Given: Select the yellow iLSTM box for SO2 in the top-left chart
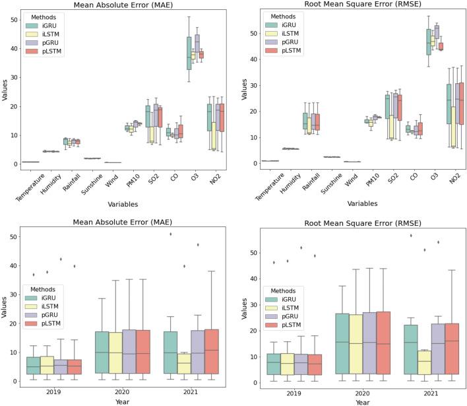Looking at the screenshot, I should point(152,126).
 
